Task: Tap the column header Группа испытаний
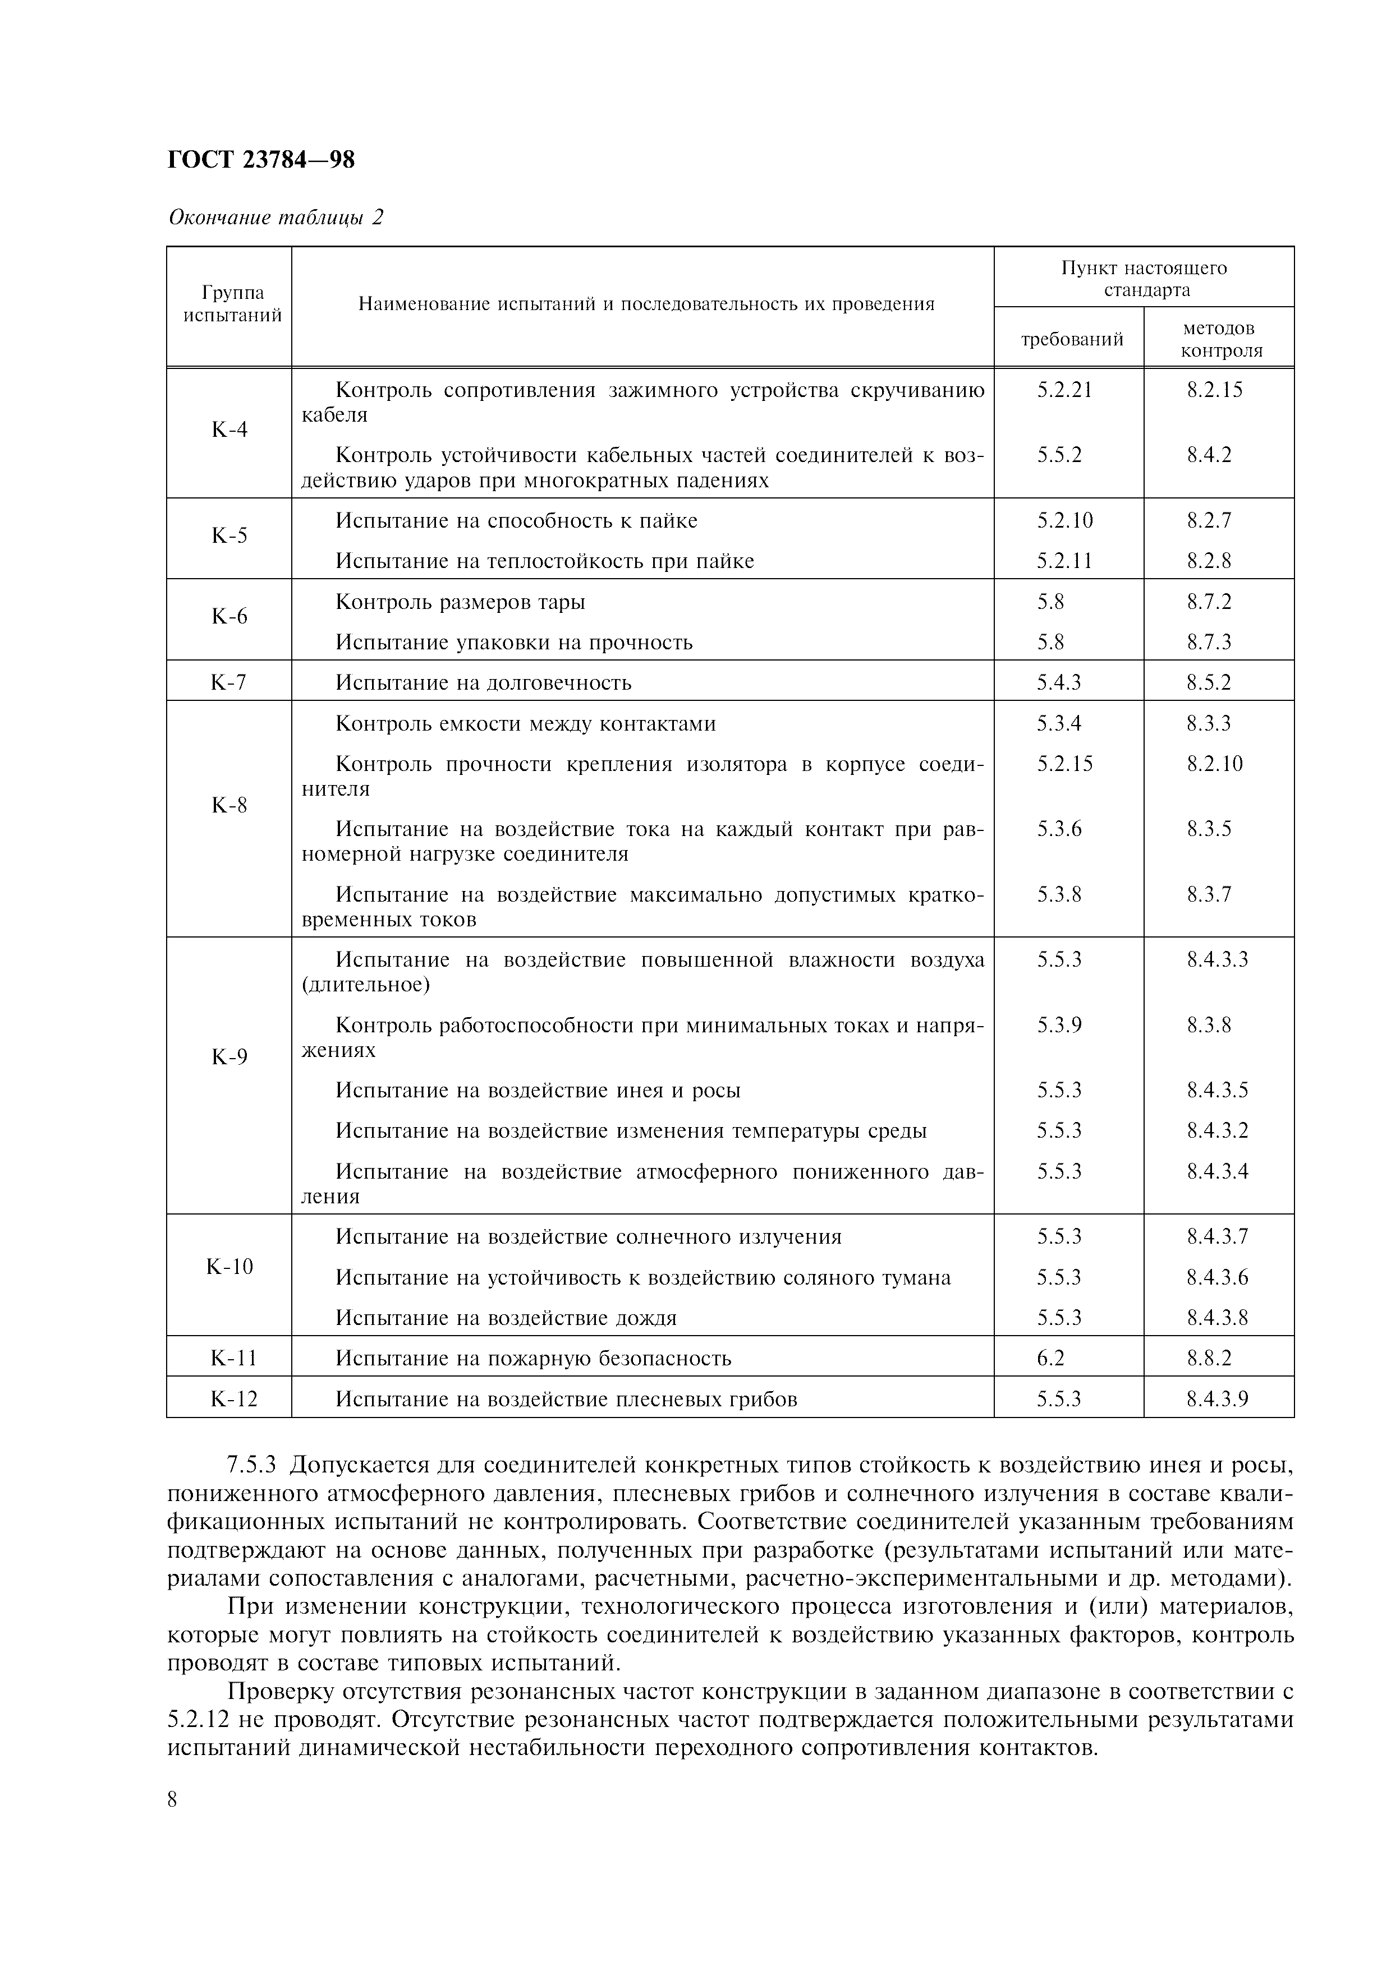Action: [232, 304]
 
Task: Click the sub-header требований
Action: [1071, 339]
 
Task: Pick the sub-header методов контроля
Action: [1218, 339]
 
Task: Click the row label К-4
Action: [229, 429]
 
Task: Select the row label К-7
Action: [229, 683]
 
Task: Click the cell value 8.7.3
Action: [1209, 643]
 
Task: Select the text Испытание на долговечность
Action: [483, 683]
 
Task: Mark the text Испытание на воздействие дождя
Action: [506, 1318]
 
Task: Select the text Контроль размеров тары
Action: [460, 602]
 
